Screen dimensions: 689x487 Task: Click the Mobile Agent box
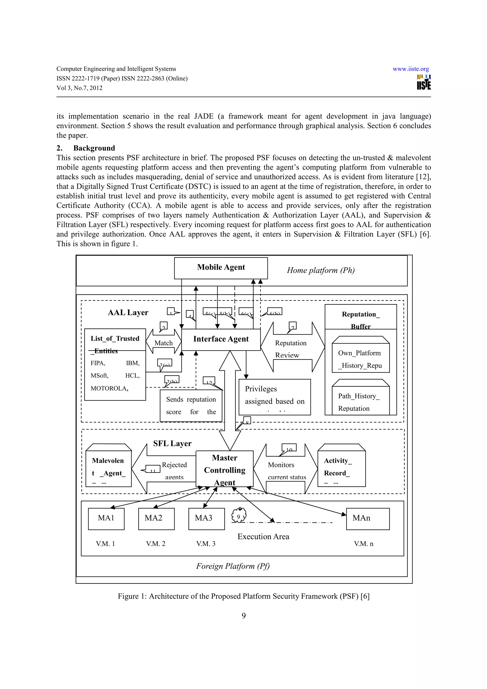tap(221, 268)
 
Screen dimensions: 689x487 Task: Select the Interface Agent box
tap(221, 340)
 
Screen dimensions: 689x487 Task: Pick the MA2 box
tap(156, 519)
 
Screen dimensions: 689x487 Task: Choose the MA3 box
tap(206, 519)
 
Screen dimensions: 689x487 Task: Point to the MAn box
tap(368, 519)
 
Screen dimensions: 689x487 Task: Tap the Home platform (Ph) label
tap(321, 270)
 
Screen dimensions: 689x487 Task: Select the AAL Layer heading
tap(128, 313)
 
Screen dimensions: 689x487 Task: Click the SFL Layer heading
tap(172, 444)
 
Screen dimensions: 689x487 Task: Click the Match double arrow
tap(164, 342)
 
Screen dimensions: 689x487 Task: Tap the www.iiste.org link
tap(410, 69)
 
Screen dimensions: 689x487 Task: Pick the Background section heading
tap(94, 148)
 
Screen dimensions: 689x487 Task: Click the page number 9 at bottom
tap(244, 616)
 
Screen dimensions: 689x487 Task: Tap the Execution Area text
tap(263, 537)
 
